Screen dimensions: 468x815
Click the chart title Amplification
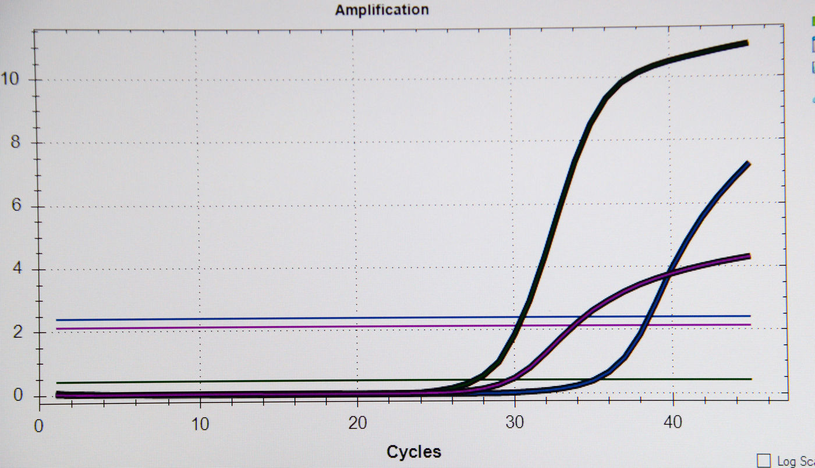pyautogui.click(x=382, y=10)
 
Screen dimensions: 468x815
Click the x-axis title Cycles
pyautogui.click(x=414, y=452)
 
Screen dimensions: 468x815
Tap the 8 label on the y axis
pyautogui.click(x=17, y=142)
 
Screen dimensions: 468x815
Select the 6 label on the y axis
pyautogui.click(x=17, y=206)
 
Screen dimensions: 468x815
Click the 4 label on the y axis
pyautogui.click(x=17, y=270)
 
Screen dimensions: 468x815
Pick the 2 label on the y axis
pyautogui.click(x=17, y=333)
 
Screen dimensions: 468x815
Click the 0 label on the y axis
pyautogui.click(x=17, y=395)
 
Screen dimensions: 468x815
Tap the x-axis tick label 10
pyautogui.click(x=200, y=423)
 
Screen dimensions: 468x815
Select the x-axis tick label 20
pyautogui.click(x=357, y=423)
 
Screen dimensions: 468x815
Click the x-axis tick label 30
pyautogui.click(x=515, y=423)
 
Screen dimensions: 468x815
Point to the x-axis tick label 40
pyautogui.click(x=673, y=423)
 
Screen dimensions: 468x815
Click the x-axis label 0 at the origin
pyautogui.click(x=39, y=426)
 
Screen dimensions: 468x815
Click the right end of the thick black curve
pyautogui.click(x=747, y=42)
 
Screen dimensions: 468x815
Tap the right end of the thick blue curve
pyautogui.click(x=747, y=165)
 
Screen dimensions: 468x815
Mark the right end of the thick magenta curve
pyautogui.click(x=747, y=256)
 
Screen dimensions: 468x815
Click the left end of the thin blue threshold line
pyautogui.click(x=57, y=320)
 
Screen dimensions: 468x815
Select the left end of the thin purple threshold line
pyautogui.click(x=57, y=328)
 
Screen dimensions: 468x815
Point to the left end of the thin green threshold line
pyautogui.click(x=57, y=383)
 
